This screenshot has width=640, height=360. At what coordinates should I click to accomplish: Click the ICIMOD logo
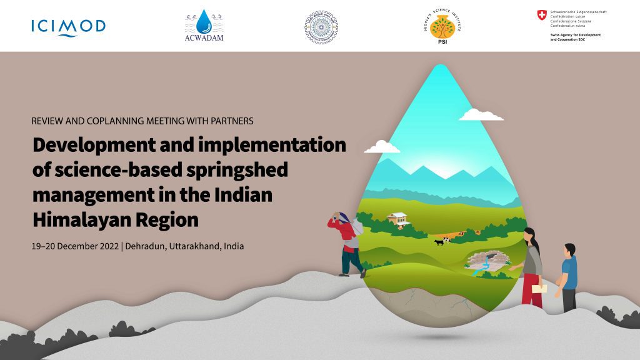[68, 27]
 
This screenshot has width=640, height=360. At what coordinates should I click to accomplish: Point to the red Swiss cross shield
[541, 14]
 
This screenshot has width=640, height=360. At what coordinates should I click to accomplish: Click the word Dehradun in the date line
[145, 246]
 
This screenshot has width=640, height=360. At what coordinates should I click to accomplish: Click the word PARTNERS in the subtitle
[231, 121]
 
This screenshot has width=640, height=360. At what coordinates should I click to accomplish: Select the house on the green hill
[399, 219]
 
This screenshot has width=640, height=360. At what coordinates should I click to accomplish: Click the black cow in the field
[439, 241]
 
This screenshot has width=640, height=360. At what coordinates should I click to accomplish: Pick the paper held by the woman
[539, 288]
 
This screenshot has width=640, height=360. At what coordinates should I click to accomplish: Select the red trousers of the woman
[532, 291]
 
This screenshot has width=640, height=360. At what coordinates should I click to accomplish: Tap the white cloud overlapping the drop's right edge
[481, 114]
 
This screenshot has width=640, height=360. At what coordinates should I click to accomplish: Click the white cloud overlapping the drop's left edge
[382, 147]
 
